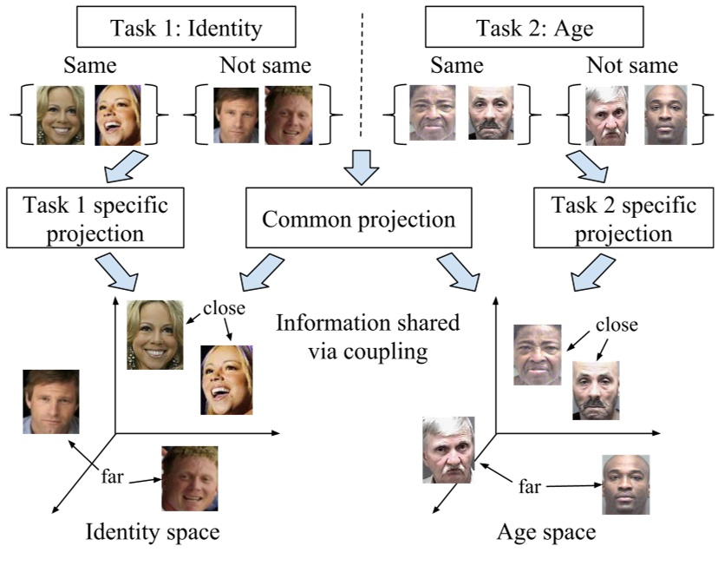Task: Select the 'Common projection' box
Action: pos(358,219)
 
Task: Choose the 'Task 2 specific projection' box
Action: pos(623,220)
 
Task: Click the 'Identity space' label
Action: pos(153,531)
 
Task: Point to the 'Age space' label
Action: pos(546,531)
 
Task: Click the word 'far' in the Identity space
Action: pos(113,477)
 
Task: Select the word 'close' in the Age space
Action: pos(617,326)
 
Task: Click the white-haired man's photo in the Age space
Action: pos(448,449)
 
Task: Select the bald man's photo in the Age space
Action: pos(624,484)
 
